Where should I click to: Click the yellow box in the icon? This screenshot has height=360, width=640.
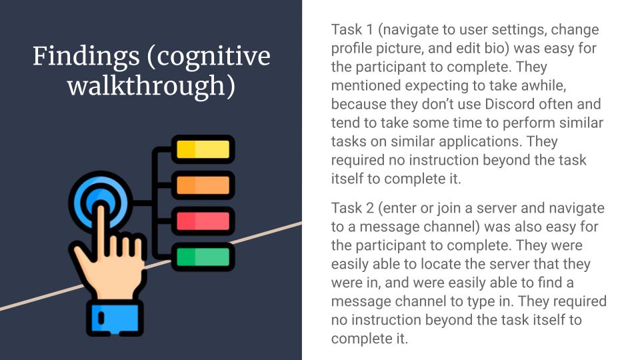click(203, 149)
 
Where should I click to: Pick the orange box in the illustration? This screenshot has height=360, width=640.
click(203, 185)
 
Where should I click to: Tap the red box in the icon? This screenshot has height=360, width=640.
click(203, 221)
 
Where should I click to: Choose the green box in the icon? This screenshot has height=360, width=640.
click(203, 257)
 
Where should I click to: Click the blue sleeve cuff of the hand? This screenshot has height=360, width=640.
click(115, 318)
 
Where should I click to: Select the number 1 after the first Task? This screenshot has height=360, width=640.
click(370, 29)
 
